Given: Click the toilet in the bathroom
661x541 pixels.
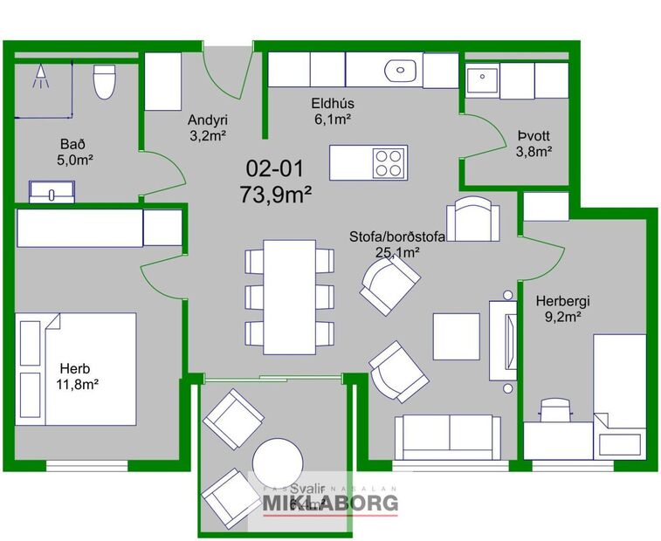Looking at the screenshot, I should coord(105,83).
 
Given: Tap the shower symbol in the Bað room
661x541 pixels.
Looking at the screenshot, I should coord(39,79).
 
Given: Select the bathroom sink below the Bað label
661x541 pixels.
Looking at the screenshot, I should coord(52,190).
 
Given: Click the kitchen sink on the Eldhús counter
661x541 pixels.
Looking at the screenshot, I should coord(403,69).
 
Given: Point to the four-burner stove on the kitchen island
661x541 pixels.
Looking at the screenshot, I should coord(389,162).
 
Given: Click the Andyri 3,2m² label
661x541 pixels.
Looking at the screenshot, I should coord(208,128).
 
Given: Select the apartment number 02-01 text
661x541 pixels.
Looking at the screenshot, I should coord(275,168).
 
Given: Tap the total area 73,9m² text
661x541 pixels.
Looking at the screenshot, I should coord(276,194).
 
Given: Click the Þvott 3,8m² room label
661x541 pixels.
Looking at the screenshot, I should coord(534,143).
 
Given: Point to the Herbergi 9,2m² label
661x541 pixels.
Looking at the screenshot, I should coord(558,310).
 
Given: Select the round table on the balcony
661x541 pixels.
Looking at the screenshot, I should coord(278,460).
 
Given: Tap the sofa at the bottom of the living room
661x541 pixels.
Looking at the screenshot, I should coord(449,436).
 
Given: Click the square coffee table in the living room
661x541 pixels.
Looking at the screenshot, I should coord(457,336).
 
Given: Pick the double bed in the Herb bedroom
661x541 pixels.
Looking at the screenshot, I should coord(76,368).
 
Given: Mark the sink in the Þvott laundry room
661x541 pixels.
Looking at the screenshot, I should coord(481,81).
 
